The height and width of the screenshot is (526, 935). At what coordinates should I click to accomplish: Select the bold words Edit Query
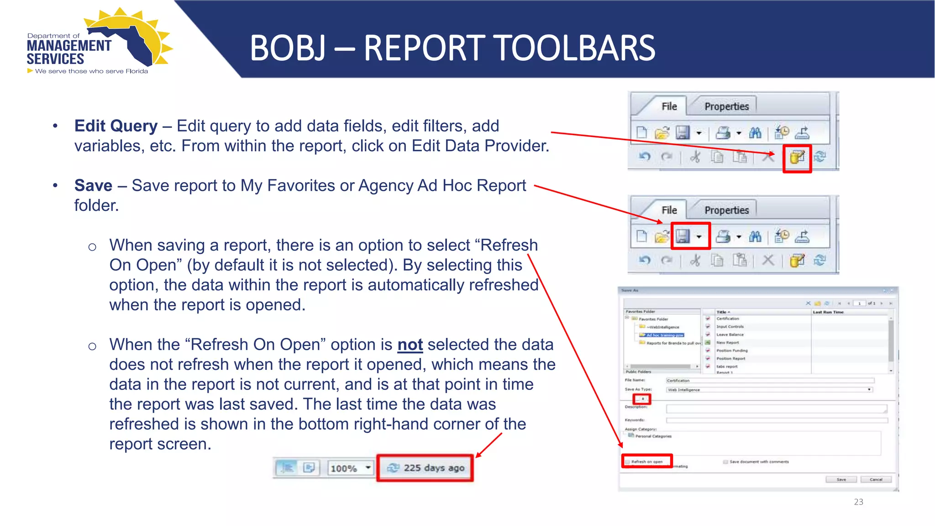click(116, 126)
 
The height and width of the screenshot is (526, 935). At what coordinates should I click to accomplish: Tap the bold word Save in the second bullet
click(93, 186)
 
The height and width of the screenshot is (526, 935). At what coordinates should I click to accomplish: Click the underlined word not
click(410, 345)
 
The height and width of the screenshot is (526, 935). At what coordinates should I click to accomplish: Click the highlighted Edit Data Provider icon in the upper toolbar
click(797, 158)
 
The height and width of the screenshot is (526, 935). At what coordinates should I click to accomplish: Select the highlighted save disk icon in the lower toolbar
click(683, 236)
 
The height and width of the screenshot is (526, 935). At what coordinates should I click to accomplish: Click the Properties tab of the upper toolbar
click(726, 106)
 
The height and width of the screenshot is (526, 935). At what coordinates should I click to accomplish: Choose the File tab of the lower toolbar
click(669, 210)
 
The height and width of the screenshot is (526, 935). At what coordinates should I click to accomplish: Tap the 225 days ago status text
click(434, 468)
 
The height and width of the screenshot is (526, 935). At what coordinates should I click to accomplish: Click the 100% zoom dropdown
click(350, 468)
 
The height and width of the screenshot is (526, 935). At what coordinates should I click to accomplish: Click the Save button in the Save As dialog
click(841, 479)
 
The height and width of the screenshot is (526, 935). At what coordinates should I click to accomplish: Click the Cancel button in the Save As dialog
click(876, 479)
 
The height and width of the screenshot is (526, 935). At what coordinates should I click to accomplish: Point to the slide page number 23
click(858, 502)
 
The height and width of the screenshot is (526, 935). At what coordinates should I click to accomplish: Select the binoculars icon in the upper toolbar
click(755, 133)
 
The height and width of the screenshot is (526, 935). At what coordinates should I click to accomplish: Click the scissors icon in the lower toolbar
click(695, 261)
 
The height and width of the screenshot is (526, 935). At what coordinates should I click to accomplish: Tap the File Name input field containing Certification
click(770, 380)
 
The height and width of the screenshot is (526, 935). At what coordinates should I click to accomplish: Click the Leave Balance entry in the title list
click(730, 335)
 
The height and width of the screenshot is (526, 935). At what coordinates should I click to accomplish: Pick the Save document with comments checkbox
click(725, 462)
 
